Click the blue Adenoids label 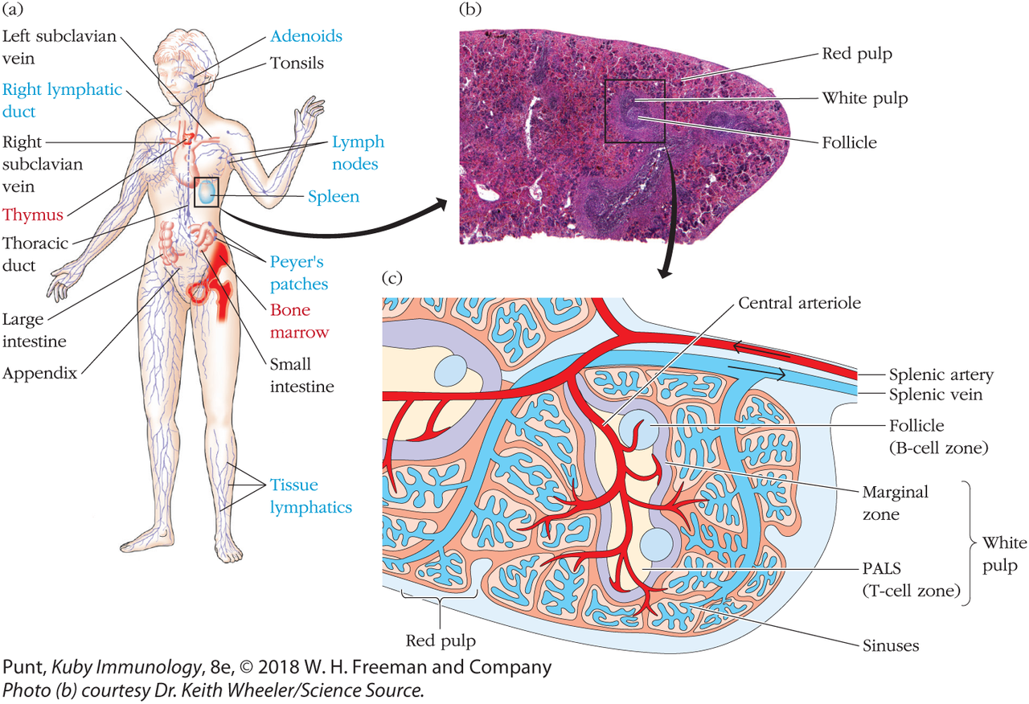[306, 36]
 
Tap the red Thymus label [35, 215]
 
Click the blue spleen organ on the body [207, 191]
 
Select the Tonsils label [296, 63]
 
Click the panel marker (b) [469, 10]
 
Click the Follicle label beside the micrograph [849, 143]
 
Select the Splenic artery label [941, 375]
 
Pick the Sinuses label [892, 645]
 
